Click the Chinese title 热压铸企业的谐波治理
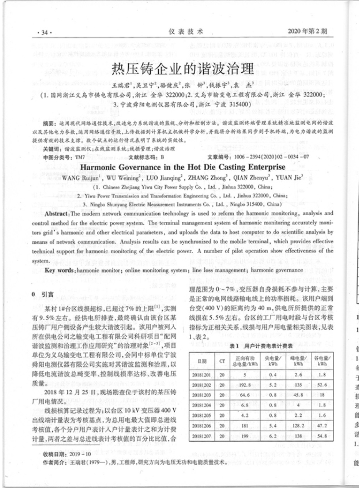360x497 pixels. click(182, 69)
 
